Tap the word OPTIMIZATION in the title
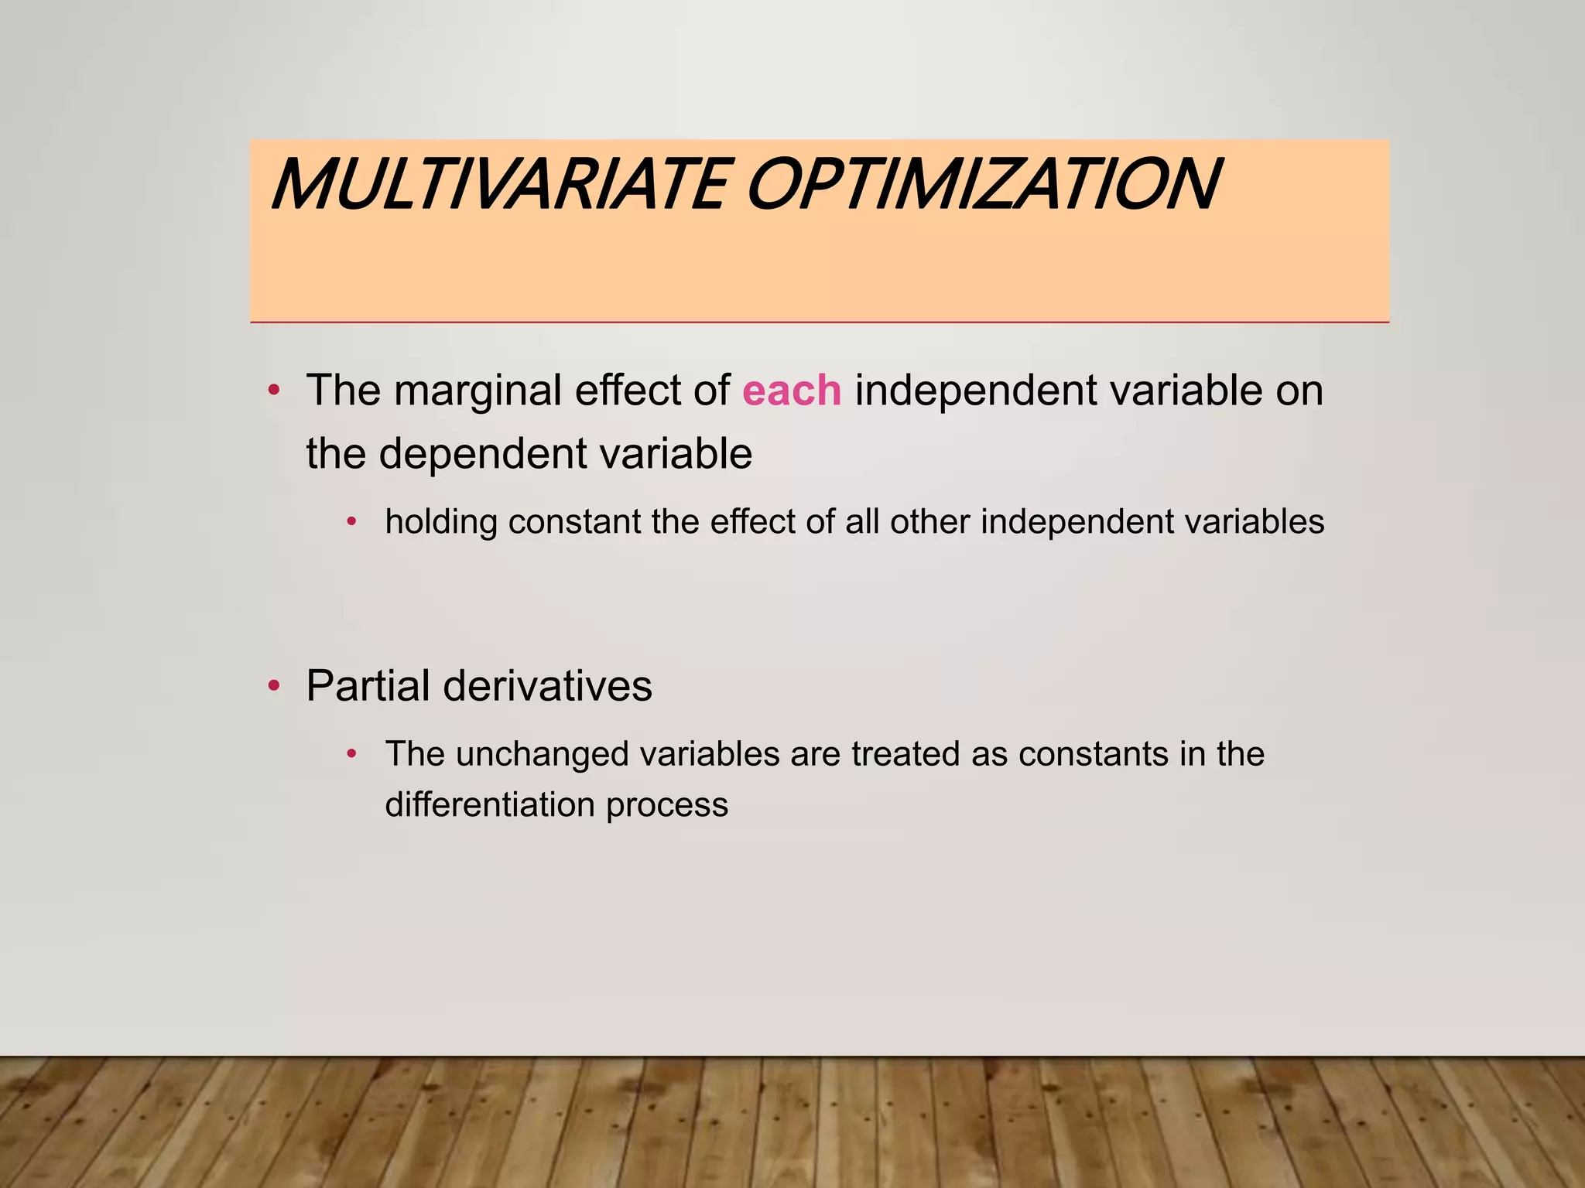click(983, 185)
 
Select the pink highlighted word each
click(791, 391)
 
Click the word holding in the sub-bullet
click(441, 523)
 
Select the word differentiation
click(489, 805)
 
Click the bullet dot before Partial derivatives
click(273, 687)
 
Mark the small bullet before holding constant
click(352, 522)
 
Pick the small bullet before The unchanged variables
click(352, 753)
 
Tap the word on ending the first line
click(1299, 391)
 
